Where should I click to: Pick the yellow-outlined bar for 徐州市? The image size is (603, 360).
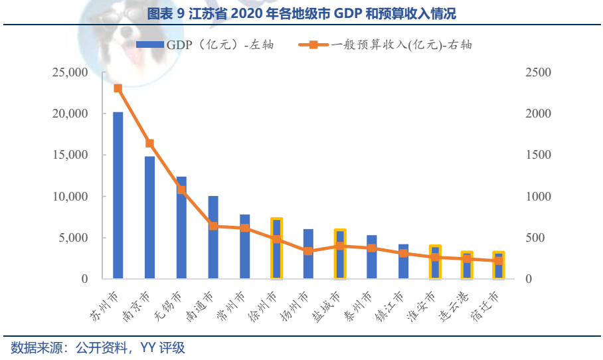pyautogui.click(x=276, y=248)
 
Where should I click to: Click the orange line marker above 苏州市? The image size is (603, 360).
pyautogui.click(x=118, y=88)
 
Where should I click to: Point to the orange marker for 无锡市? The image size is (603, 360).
pyautogui.click(x=181, y=190)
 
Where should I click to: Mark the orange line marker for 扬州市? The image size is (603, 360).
pyautogui.click(x=308, y=251)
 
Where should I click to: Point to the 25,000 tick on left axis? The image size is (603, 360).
pyautogui.click(x=70, y=72)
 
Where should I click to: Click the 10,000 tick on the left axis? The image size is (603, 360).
pyautogui.click(x=70, y=197)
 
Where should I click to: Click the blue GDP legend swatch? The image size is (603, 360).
pyautogui.click(x=149, y=45)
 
